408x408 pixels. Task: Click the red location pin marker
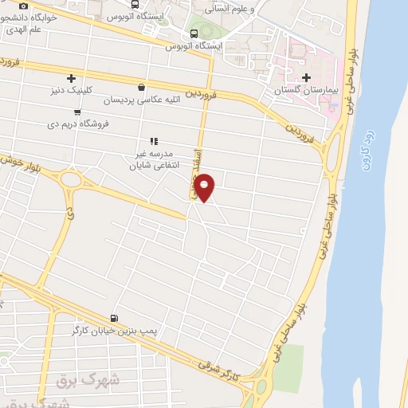point(205,186)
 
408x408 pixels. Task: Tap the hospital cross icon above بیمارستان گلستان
point(307,77)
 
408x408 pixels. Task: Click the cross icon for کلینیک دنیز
point(72,78)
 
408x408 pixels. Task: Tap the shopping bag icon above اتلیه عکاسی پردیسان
point(141,88)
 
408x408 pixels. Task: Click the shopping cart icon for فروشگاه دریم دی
point(76,112)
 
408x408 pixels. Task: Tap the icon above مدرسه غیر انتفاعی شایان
point(154,141)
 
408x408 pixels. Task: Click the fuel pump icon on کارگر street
point(115,318)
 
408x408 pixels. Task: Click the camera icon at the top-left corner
point(23,6)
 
